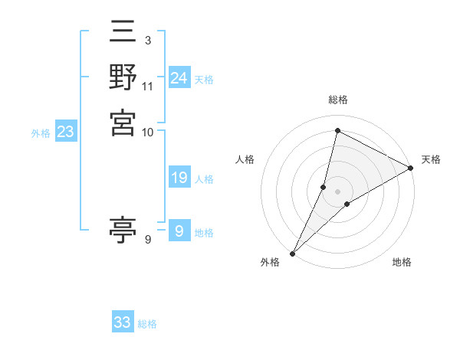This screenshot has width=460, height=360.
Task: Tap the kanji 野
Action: pyautogui.click(x=123, y=77)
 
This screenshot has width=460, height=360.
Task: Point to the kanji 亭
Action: pyautogui.click(x=123, y=230)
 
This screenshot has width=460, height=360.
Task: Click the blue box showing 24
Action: pyautogui.click(x=179, y=78)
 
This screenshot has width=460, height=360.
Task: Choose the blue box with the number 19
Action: pyautogui.click(x=179, y=178)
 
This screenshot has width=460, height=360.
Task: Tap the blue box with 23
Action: pyautogui.click(x=65, y=132)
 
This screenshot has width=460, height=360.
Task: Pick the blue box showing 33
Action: pyautogui.click(x=122, y=322)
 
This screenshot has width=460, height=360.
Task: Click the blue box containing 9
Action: pyautogui.click(x=179, y=231)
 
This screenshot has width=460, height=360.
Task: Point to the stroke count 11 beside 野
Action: pyautogui.click(x=148, y=86)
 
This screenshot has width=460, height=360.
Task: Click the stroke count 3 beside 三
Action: pyautogui.click(x=147, y=40)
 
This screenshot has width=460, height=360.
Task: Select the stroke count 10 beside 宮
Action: pyautogui.click(x=148, y=132)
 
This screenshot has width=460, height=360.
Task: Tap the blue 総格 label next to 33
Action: pyautogui.click(x=147, y=324)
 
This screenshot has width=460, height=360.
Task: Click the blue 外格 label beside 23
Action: pyautogui.click(x=41, y=133)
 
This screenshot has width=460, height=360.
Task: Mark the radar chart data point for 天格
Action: pyautogui.click(x=411, y=168)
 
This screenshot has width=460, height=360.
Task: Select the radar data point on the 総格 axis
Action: pyautogui.click(x=337, y=130)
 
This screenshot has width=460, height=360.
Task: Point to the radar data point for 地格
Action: pyautogui.click(x=347, y=204)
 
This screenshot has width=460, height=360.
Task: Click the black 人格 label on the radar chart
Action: pyautogui.click(x=245, y=159)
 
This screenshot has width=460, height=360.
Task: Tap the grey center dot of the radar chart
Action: pyautogui.click(x=337, y=191)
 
